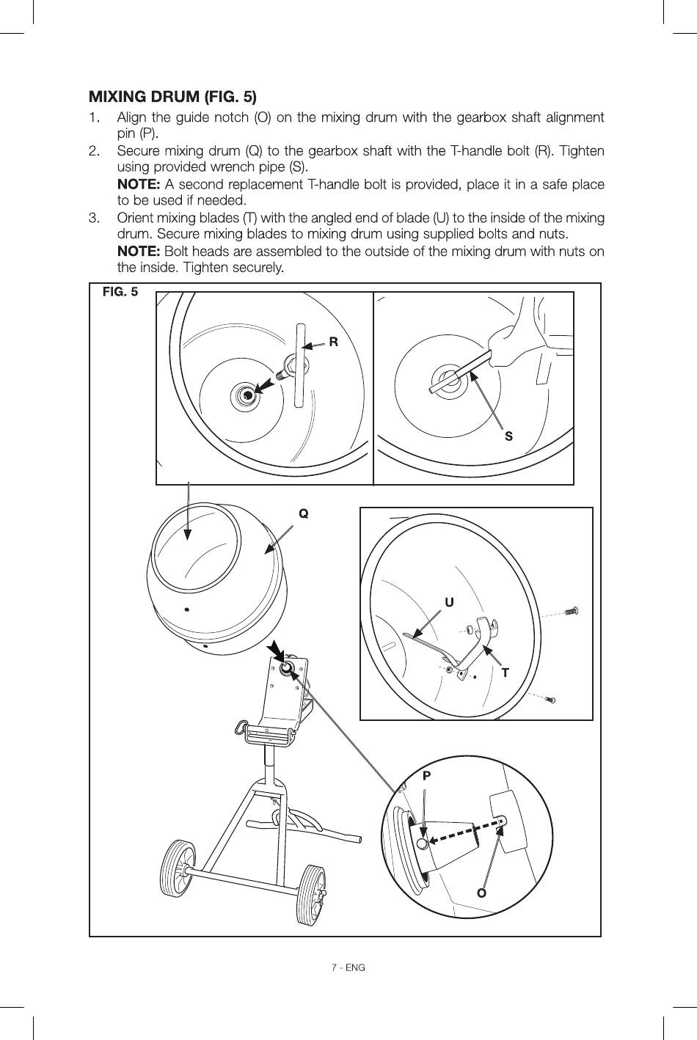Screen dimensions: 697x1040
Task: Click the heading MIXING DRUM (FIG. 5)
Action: tap(172, 97)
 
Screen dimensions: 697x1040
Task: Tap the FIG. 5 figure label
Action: tap(120, 292)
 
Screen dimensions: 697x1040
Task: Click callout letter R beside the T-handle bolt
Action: tap(333, 343)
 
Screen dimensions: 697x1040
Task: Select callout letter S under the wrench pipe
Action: tap(508, 436)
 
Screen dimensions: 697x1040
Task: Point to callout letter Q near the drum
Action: tap(303, 513)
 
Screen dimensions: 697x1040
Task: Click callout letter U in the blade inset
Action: tap(449, 602)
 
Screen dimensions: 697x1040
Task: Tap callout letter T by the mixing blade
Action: tap(506, 673)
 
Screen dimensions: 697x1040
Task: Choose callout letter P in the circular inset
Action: tap(427, 776)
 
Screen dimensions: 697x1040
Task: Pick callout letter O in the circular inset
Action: tap(481, 893)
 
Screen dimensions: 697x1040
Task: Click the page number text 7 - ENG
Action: tap(348, 967)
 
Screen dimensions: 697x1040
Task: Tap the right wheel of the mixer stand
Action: tap(311, 894)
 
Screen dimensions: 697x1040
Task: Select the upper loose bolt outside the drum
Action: tap(572, 611)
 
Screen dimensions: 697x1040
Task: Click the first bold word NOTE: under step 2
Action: tap(139, 184)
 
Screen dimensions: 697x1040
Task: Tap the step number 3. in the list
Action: tap(94, 218)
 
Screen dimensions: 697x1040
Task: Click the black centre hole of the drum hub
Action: tap(247, 395)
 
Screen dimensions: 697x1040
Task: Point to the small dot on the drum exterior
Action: tap(186, 609)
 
